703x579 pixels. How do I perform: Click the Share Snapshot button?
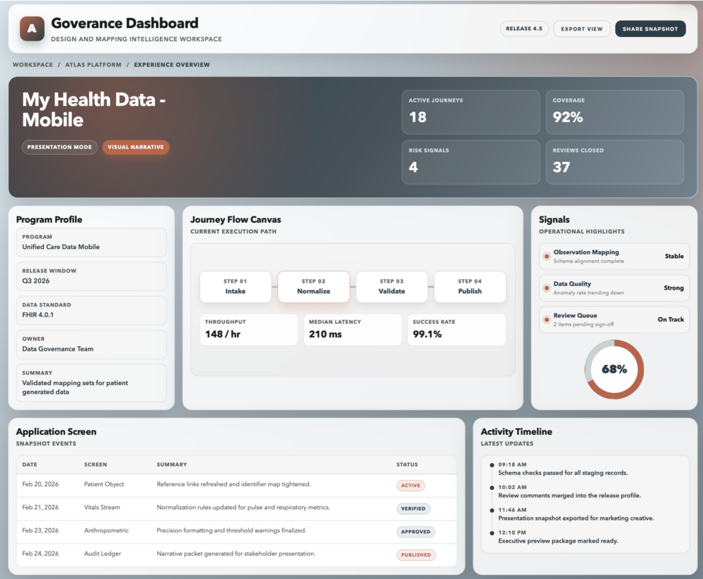coord(650,29)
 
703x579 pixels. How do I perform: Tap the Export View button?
coord(581,29)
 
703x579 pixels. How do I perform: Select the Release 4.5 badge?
coord(524,29)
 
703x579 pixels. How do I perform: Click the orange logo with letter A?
coord(32,29)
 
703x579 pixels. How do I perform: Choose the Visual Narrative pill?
coord(136,147)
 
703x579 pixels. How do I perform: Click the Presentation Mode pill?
coord(60,147)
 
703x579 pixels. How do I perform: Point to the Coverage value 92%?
coord(568,117)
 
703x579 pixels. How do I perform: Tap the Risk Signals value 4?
coord(413,167)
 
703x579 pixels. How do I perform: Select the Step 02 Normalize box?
coord(314,287)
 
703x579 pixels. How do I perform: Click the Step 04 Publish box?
coord(470,287)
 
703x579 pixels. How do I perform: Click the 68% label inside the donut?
coord(614,369)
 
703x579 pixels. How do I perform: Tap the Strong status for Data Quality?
coord(673,288)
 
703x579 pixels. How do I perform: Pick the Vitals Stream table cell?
coord(102,508)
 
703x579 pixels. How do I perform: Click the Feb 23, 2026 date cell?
coord(40,531)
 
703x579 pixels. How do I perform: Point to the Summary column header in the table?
coord(172,465)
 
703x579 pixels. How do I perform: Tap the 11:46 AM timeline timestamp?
coord(512,510)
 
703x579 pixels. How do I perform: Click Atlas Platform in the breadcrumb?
coord(93,65)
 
